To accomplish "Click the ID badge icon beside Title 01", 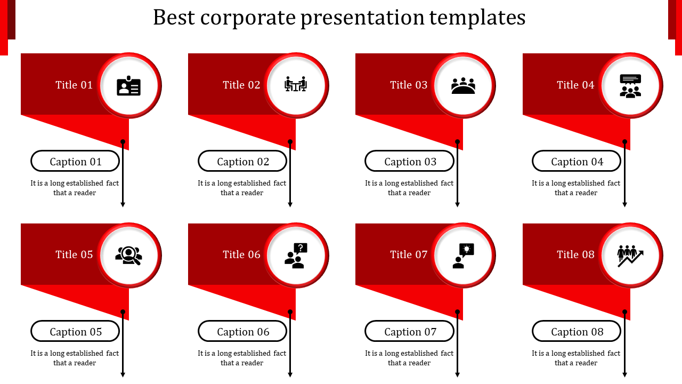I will tap(128, 86).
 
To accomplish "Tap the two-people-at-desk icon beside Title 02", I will tap(296, 84).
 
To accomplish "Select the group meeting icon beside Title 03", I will tap(463, 86).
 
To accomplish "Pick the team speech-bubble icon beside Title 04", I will tap(630, 85).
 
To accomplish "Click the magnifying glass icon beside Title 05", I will tap(128, 255).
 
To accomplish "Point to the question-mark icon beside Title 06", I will tap(296, 255).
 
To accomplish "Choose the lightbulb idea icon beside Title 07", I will tap(463, 255).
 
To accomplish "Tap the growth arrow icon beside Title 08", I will tap(630, 255).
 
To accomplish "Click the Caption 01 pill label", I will tap(75, 161).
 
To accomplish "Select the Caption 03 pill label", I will tap(410, 161).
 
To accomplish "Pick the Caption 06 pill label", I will tap(242, 331).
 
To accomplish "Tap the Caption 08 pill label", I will tap(577, 331).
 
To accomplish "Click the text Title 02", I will tap(241, 85).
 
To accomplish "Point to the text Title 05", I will tap(74, 254).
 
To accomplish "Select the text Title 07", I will tap(409, 254).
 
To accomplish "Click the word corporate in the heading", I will tap(247, 18).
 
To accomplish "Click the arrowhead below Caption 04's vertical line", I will tap(625, 204).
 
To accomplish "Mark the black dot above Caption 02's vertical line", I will tap(290, 142).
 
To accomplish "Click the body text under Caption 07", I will tap(409, 358).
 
